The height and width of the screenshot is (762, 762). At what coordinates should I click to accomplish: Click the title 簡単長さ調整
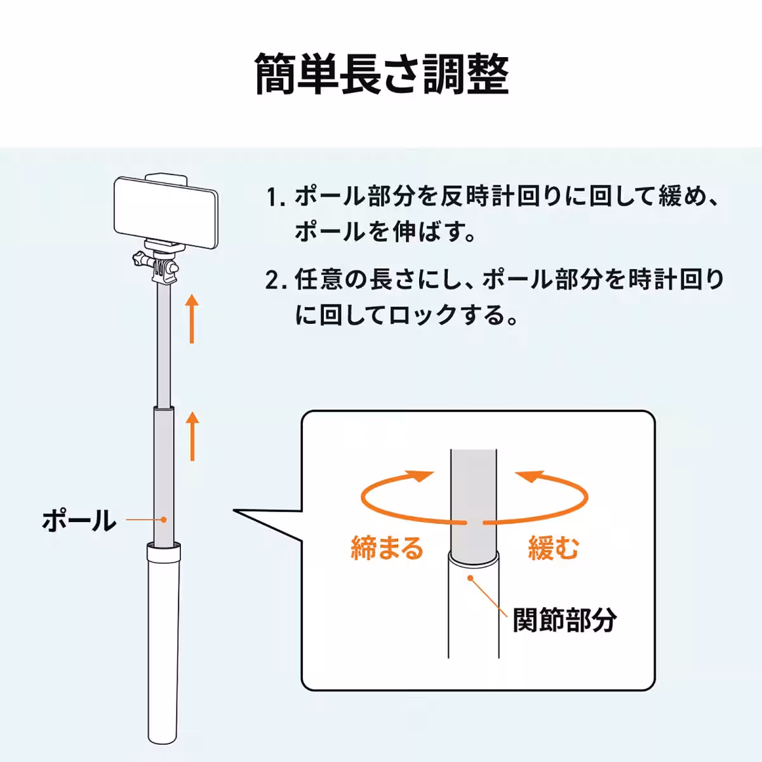point(381,75)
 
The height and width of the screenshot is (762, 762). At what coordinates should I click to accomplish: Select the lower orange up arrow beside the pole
point(192,436)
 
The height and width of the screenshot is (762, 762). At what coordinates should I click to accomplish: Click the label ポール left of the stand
point(79,521)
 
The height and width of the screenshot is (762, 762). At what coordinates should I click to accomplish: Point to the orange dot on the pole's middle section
point(164,519)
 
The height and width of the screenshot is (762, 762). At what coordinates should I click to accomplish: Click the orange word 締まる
point(387,547)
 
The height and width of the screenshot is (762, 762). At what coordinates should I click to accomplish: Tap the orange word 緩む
point(553,547)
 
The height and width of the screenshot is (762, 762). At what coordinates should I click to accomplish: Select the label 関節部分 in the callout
point(565,619)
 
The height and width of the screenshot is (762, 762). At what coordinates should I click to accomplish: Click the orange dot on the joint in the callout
point(470,577)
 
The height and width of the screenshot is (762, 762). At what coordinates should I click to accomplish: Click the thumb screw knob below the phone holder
point(139,260)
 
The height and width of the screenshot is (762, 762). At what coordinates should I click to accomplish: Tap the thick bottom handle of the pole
point(164,641)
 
